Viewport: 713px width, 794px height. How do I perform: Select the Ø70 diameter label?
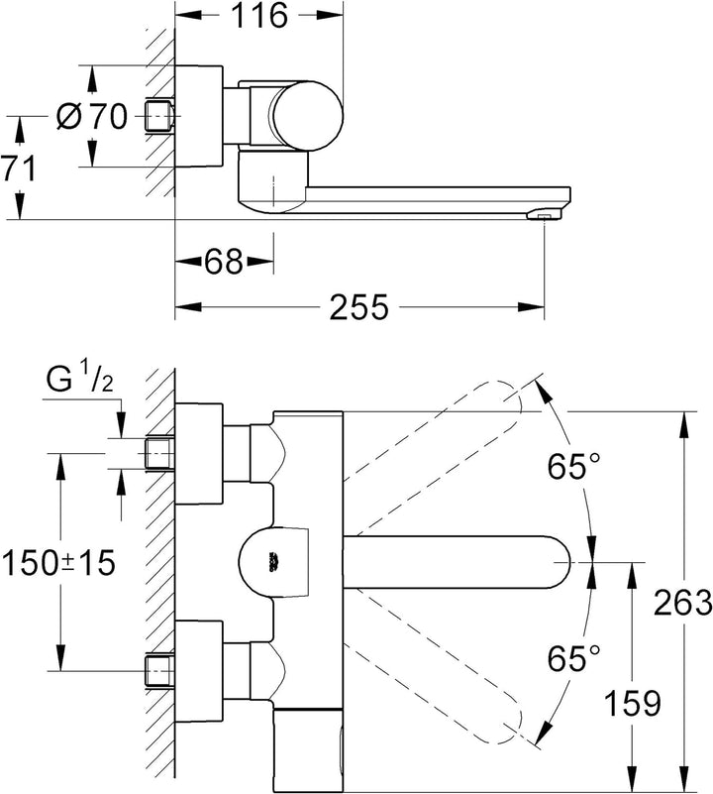tap(91, 116)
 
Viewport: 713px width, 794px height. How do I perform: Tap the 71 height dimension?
tap(18, 169)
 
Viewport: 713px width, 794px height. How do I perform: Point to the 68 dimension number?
tap(224, 262)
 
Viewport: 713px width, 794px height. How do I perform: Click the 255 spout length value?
tap(358, 306)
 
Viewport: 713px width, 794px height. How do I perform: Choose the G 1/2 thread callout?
tap(79, 380)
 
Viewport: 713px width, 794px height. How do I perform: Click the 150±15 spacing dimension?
tap(58, 562)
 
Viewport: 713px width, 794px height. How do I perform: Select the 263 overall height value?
tap(682, 603)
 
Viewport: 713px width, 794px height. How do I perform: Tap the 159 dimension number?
tap(633, 703)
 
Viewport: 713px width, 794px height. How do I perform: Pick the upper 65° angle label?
tap(573, 466)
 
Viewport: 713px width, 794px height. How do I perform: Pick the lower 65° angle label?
tap(573, 658)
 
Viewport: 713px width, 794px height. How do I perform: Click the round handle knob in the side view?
tap(307, 116)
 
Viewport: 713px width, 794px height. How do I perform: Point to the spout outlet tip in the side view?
tap(544, 217)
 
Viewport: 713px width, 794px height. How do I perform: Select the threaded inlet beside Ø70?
tap(159, 116)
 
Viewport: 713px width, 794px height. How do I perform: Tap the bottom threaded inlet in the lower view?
tap(159, 671)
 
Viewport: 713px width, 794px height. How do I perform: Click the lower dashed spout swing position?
tap(435, 664)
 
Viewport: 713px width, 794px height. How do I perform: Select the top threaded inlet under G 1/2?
tap(159, 453)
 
